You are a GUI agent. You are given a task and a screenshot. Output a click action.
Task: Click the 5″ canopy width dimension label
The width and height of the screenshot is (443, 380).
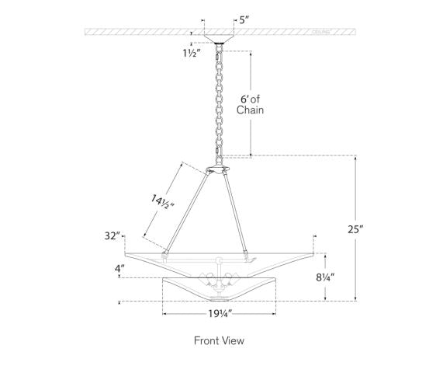pos(244,20)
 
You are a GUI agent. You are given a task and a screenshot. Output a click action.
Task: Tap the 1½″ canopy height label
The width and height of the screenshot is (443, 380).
pos(192,53)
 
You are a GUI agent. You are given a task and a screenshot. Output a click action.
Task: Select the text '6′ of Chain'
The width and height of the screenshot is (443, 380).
pos(250,105)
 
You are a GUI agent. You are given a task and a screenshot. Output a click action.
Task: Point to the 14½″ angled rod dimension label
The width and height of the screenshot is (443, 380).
pos(162,202)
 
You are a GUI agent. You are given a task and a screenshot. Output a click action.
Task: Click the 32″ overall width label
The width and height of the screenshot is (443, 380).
pos(112,235)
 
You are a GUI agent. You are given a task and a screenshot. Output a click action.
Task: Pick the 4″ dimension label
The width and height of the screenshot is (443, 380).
pos(119,268)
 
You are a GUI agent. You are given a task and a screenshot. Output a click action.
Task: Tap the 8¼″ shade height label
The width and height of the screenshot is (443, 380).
pos(325,277)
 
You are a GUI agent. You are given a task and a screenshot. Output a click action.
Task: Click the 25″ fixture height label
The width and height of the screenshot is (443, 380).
pos(355,229)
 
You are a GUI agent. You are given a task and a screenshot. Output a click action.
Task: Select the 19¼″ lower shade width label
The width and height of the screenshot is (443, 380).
pos(220,313)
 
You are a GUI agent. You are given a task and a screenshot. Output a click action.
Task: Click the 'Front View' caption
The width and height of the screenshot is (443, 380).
pos(219,340)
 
